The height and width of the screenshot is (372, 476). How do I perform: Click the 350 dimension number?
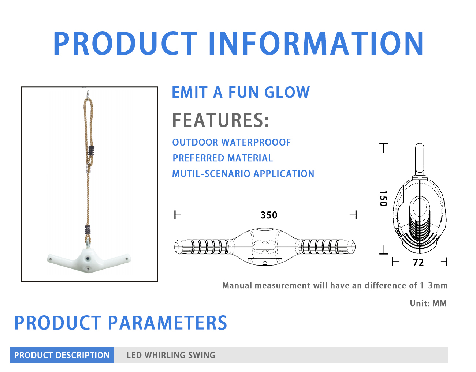[269, 215]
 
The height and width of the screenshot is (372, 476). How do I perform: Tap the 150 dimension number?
[383, 199]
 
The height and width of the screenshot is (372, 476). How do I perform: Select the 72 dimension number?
[419, 263]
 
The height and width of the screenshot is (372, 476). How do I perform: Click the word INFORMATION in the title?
[316, 43]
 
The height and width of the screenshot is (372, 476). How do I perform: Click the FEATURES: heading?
[220, 120]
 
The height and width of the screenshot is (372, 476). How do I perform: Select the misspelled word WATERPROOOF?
[256, 142]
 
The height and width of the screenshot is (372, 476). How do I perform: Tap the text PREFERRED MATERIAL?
[223, 158]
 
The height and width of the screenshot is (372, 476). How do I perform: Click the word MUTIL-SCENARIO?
[211, 174]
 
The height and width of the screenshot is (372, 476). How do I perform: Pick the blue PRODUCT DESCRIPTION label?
[62, 355]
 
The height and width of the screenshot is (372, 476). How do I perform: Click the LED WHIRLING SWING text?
[171, 355]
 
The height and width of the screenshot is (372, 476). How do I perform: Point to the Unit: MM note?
[428, 303]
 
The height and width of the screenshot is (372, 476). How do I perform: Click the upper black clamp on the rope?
[91, 151]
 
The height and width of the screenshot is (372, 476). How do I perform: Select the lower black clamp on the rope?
[88, 230]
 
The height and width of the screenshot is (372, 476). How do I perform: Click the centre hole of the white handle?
[88, 259]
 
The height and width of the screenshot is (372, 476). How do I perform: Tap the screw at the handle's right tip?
[126, 259]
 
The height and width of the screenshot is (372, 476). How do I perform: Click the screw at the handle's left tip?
[51, 259]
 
